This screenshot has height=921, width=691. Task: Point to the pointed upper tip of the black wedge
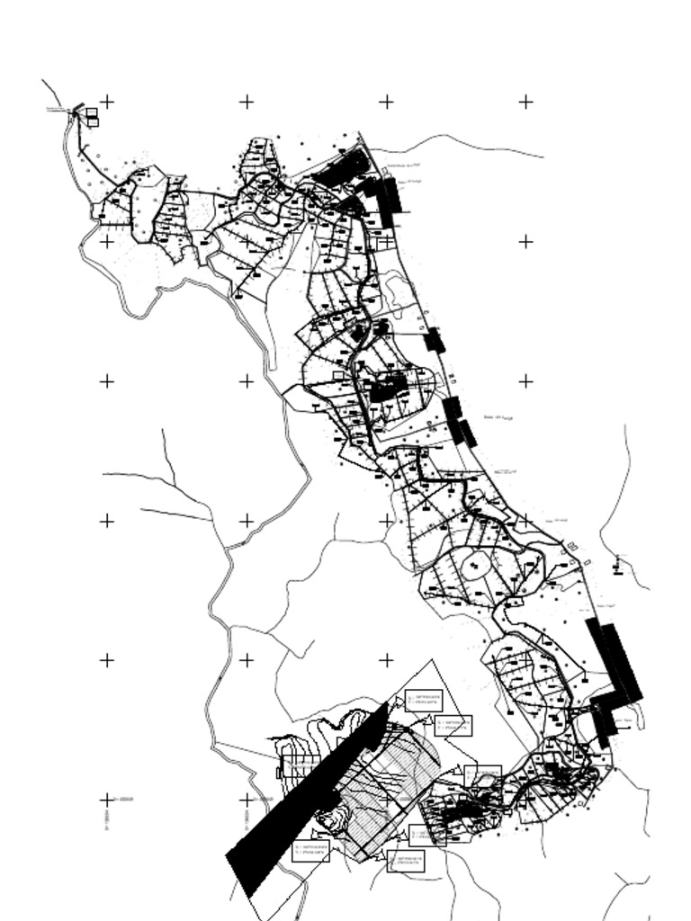point(387,704)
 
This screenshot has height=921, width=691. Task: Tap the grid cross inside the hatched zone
point(386,799)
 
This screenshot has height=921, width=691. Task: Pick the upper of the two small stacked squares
point(92,112)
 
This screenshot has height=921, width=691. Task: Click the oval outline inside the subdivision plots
point(474,566)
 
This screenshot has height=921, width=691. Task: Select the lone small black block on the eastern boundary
point(435,340)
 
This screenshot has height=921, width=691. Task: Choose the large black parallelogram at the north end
point(342,168)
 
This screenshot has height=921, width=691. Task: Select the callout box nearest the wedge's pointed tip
point(423,700)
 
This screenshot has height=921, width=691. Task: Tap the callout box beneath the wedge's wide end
point(311,850)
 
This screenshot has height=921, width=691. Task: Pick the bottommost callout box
point(405,861)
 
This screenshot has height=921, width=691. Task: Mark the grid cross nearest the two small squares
point(106,102)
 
